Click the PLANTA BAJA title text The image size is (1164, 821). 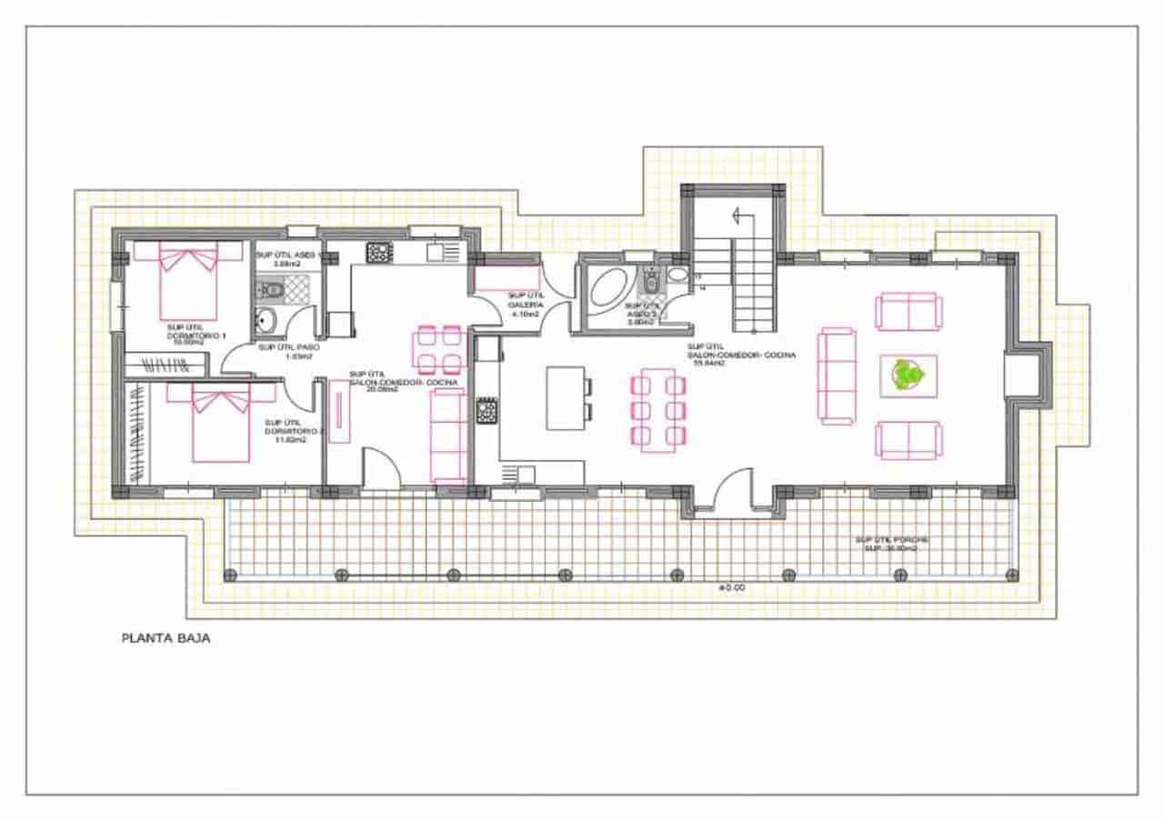pyautogui.click(x=166, y=638)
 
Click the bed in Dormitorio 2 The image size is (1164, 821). pyautogui.click(x=220, y=424)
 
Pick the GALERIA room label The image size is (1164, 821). pyautogui.click(x=525, y=305)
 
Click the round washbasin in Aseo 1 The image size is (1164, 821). pyautogui.click(x=266, y=320)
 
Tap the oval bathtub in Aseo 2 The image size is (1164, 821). pyautogui.click(x=605, y=291)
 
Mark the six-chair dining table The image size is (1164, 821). pyautogui.click(x=657, y=409)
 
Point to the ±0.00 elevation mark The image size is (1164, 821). pyautogui.click(x=731, y=588)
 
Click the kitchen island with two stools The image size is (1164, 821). pyautogui.click(x=564, y=398)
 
